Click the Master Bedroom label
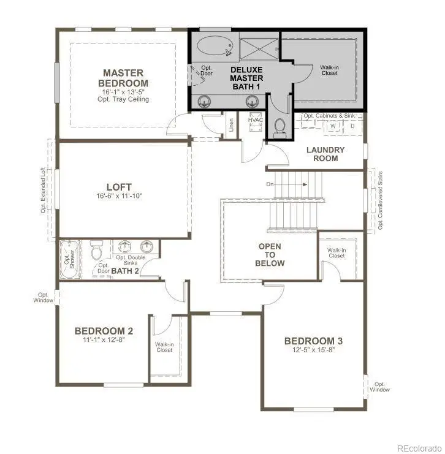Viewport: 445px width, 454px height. (125, 78)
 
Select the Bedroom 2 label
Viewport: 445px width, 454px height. (104, 331)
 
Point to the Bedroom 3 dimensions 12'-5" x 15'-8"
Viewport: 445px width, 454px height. (313, 351)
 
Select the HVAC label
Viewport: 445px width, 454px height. (256, 120)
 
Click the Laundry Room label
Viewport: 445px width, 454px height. (325, 154)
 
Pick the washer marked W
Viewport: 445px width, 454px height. (333, 126)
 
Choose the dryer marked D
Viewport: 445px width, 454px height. (352, 126)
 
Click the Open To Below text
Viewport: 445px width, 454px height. (270, 255)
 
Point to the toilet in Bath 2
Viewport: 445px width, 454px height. (96, 251)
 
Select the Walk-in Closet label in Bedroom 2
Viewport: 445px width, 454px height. (164, 347)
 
